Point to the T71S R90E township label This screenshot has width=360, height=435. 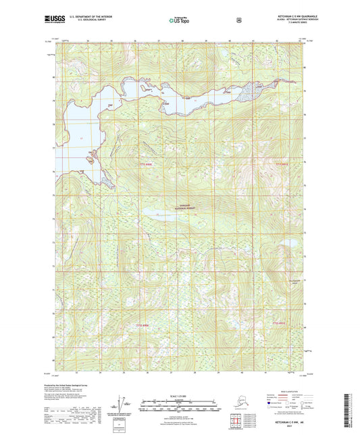click(147, 163)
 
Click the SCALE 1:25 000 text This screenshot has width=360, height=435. click(179, 394)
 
